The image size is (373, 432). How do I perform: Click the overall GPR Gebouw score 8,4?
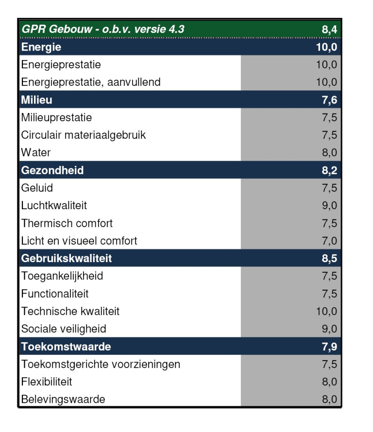(329, 30)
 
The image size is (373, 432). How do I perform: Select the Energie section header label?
(41, 47)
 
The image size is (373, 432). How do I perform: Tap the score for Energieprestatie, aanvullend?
(326, 82)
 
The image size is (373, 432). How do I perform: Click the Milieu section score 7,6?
(329, 100)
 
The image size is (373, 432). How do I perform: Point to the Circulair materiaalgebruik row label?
(83, 135)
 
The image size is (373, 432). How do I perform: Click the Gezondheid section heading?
(52, 170)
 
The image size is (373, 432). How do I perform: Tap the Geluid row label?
(37, 188)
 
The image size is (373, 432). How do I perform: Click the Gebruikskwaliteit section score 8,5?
(329, 258)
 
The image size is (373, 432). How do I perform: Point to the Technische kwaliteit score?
(326, 311)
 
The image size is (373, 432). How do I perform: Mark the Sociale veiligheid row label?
(64, 329)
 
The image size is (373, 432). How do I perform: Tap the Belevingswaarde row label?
(63, 399)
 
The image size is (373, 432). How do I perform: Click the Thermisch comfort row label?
(67, 223)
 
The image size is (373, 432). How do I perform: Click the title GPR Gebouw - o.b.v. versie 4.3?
(103, 30)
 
